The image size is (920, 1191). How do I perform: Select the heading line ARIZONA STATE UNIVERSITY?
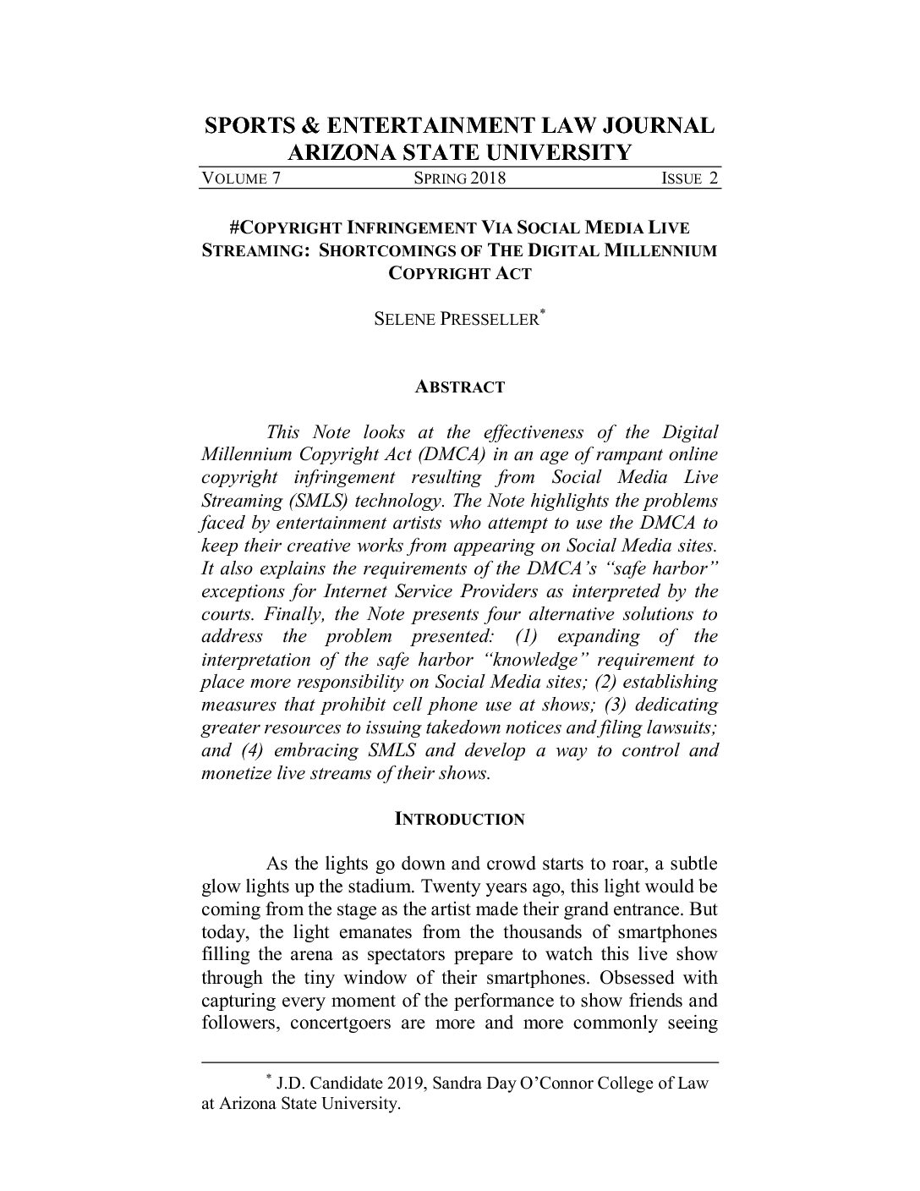click(x=460, y=152)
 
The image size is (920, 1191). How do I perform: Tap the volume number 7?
click(x=275, y=178)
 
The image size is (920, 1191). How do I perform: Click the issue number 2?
click(x=714, y=178)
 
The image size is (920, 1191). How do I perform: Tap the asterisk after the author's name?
click(x=543, y=314)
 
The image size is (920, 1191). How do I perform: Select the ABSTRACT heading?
click(x=459, y=387)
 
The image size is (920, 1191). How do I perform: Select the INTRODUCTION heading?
click(x=460, y=820)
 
